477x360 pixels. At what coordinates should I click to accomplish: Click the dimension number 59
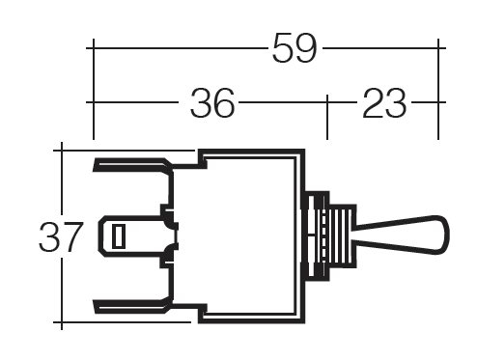click(x=295, y=48)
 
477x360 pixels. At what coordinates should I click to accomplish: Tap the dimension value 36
click(x=212, y=103)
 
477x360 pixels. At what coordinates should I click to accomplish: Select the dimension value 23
click(x=384, y=103)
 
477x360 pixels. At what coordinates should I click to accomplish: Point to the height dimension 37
click(x=60, y=237)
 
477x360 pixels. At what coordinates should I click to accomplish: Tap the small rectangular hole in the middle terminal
click(x=119, y=236)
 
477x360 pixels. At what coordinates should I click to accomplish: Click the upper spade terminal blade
click(x=132, y=165)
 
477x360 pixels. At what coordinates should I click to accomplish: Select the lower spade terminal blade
click(x=132, y=306)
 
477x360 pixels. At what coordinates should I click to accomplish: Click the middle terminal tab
click(x=135, y=236)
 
